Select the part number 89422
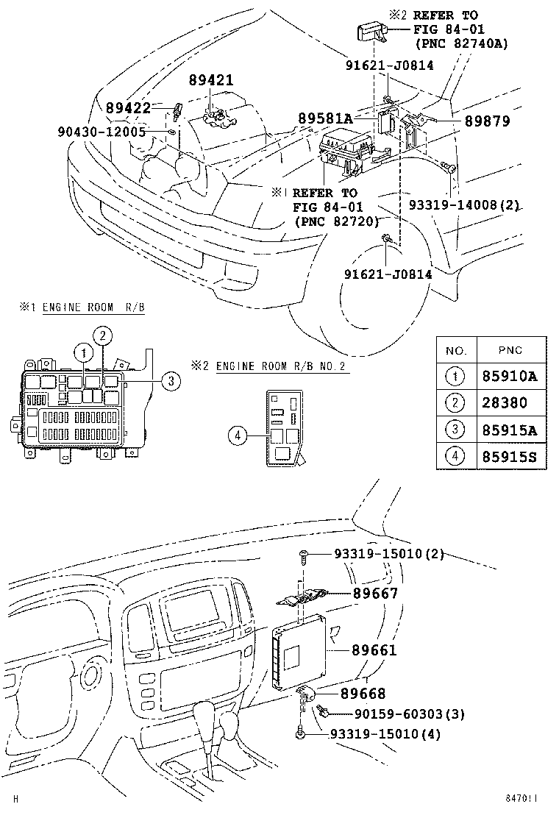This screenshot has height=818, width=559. pyautogui.click(x=128, y=108)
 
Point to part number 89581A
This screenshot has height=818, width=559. pyautogui.click(x=325, y=118)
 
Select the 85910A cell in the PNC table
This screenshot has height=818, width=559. pyautogui.click(x=509, y=376)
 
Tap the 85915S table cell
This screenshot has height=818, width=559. pyautogui.click(x=509, y=455)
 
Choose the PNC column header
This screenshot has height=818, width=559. pyautogui.click(x=510, y=350)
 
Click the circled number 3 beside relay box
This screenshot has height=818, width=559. pyautogui.click(x=170, y=380)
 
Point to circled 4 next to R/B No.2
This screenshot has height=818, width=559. pyautogui.click(x=238, y=436)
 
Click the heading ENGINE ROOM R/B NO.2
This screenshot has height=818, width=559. pyautogui.click(x=282, y=366)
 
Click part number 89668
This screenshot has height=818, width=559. pyautogui.click(x=363, y=693)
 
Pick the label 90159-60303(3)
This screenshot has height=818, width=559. pyautogui.click(x=399, y=714)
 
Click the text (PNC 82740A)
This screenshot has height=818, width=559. pyautogui.click(x=461, y=43)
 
